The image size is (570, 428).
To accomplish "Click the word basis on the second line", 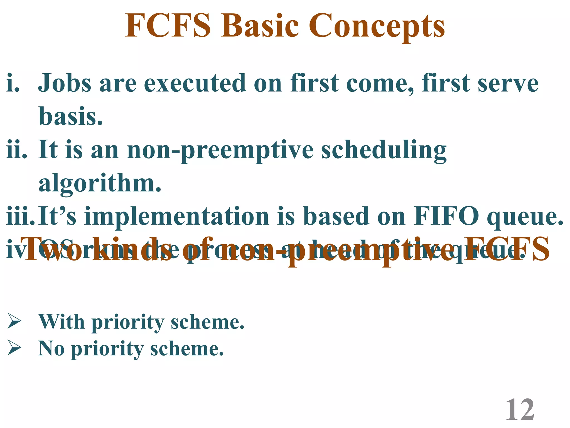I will coord(70,116).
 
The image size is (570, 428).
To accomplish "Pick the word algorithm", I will coord(100,184).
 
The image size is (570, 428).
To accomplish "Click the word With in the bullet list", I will coord(62,322).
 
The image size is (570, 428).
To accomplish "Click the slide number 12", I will coord(520,410).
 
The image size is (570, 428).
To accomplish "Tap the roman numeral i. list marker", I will coord(13,83).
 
